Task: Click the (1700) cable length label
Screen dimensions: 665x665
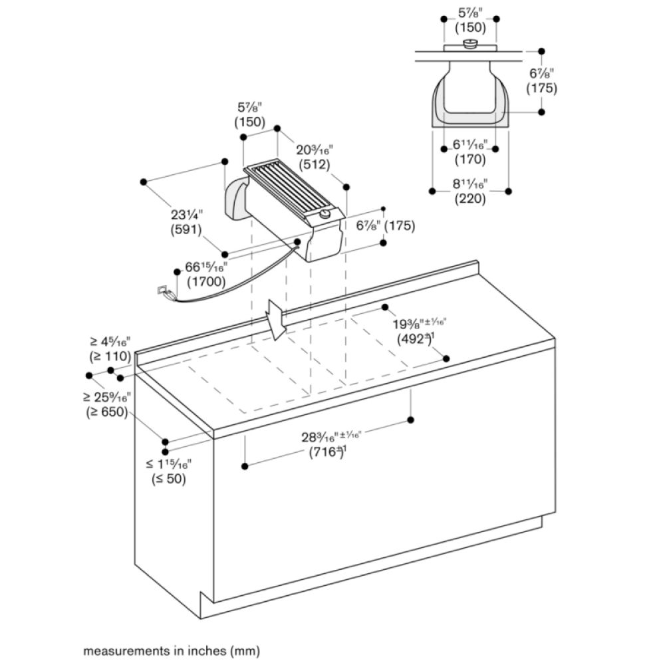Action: click(x=205, y=281)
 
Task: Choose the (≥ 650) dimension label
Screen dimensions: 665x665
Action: click(x=108, y=412)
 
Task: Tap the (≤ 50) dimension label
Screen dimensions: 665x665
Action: click(x=168, y=479)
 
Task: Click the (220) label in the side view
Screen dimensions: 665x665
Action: click(x=470, y=198)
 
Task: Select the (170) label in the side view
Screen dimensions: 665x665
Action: click(x=470, y=160)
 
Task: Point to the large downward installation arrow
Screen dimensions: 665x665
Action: click(x=275, y=318)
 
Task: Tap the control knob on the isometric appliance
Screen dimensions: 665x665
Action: click(x=325, y=213)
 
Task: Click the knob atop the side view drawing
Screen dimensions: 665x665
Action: click(x=470, y=45)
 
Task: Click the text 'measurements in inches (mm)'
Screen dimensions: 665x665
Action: click(x=171, y=650)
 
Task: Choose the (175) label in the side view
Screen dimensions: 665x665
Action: click(x=541, y=88)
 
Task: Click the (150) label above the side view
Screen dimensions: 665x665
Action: click(x=470, y=27)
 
